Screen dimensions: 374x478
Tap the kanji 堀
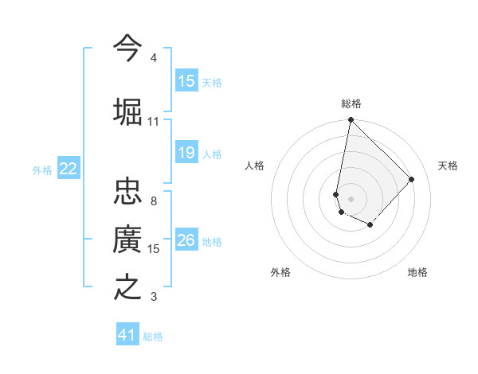point(127,111)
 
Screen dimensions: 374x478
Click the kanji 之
point(127,286)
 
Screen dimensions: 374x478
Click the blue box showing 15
point(186,81)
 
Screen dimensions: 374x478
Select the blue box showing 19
point(186,154)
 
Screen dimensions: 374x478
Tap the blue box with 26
point(186,241)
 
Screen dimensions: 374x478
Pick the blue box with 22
point(68,169)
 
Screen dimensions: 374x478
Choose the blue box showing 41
point(127,335)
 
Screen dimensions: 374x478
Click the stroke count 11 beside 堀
point(154,122)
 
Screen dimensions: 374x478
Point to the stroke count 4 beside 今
point(154,59)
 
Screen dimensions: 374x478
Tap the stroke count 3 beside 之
point(154,297)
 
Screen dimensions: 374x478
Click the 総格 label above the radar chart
point(351,103)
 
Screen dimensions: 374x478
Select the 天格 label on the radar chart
point(448,166)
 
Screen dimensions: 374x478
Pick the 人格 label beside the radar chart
point(255,166)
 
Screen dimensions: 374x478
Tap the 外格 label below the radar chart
point(280,272)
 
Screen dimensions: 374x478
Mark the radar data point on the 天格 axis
point(412,179)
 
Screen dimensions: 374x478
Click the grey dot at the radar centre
point(351,198)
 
